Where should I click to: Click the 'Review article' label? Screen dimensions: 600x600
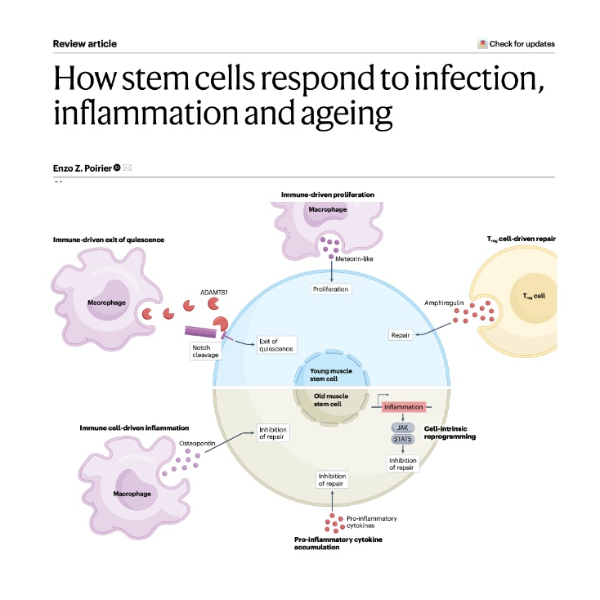point(85,43)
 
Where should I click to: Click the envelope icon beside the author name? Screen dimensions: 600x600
point(128,168)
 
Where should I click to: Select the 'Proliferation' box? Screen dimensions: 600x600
point(331,289)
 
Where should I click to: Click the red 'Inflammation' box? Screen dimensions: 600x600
point(402,406)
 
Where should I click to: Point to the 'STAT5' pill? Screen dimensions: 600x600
point(402,440)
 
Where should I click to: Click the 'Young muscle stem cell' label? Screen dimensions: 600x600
point(331,375)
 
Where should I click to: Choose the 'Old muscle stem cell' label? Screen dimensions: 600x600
point(331,401)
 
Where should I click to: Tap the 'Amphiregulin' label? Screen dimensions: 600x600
point(443,302)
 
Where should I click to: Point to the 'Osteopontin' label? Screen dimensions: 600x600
point(196,444)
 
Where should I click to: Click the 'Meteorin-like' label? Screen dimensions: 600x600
point(356,262)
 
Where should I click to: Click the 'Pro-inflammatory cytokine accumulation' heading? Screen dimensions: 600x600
point(339,544)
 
